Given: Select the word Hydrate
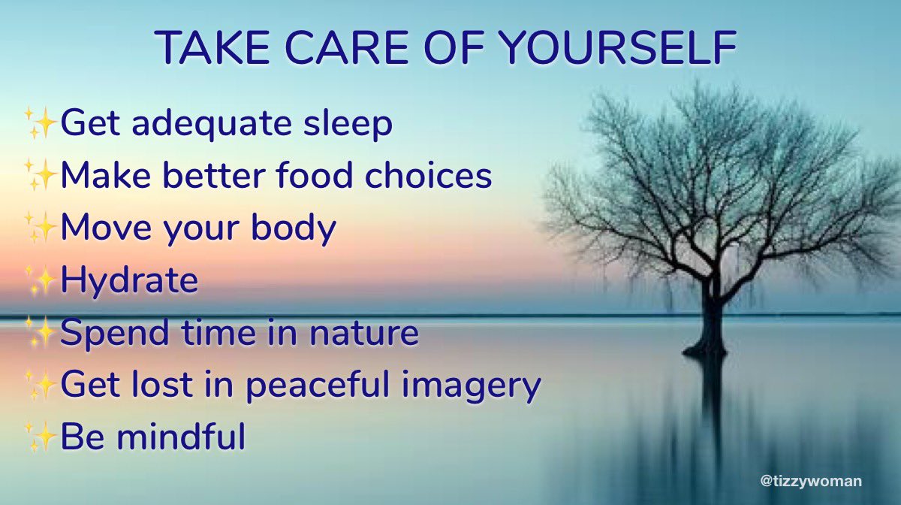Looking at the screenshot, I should tap(129, 281).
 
